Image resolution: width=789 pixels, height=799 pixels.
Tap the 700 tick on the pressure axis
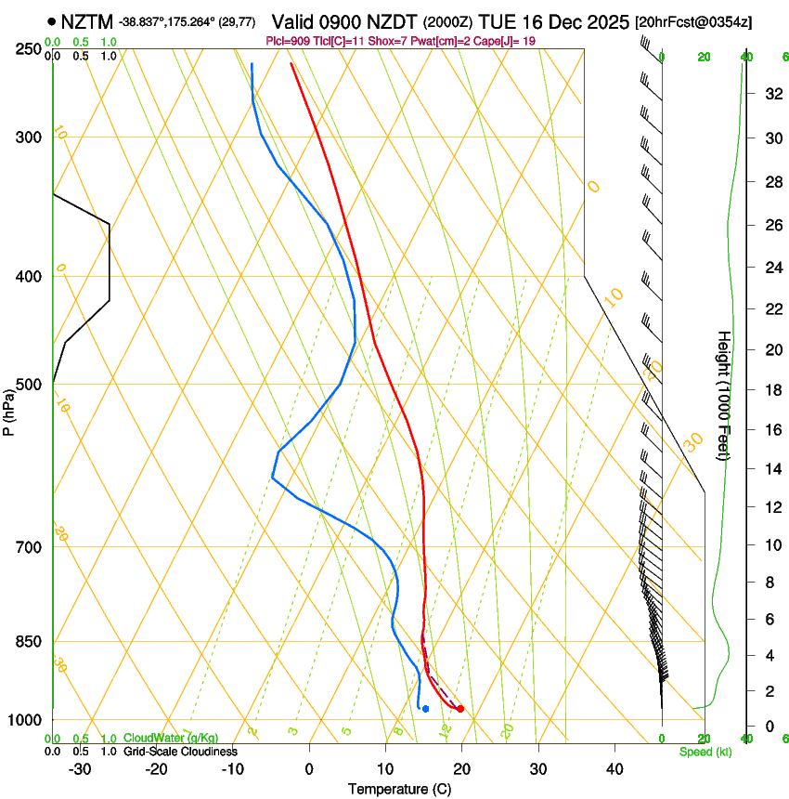[27, 546]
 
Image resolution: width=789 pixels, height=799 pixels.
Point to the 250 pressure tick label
[27, 48]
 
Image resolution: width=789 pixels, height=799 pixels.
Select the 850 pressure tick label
[27, 641]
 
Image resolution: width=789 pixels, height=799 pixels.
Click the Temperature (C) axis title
[400, 789]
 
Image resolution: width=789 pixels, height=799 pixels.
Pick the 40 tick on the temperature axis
[614, 768]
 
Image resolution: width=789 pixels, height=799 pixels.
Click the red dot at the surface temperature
[460, 710]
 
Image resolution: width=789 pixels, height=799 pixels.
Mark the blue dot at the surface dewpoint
[425, 709]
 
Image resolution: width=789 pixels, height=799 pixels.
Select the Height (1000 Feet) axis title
[724, 395]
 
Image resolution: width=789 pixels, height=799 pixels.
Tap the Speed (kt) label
[705, 752]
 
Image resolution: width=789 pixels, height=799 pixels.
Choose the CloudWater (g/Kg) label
[171, 739]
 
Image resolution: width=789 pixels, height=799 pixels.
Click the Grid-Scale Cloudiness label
[180, 752]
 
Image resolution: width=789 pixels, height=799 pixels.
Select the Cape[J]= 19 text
[506, 41]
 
